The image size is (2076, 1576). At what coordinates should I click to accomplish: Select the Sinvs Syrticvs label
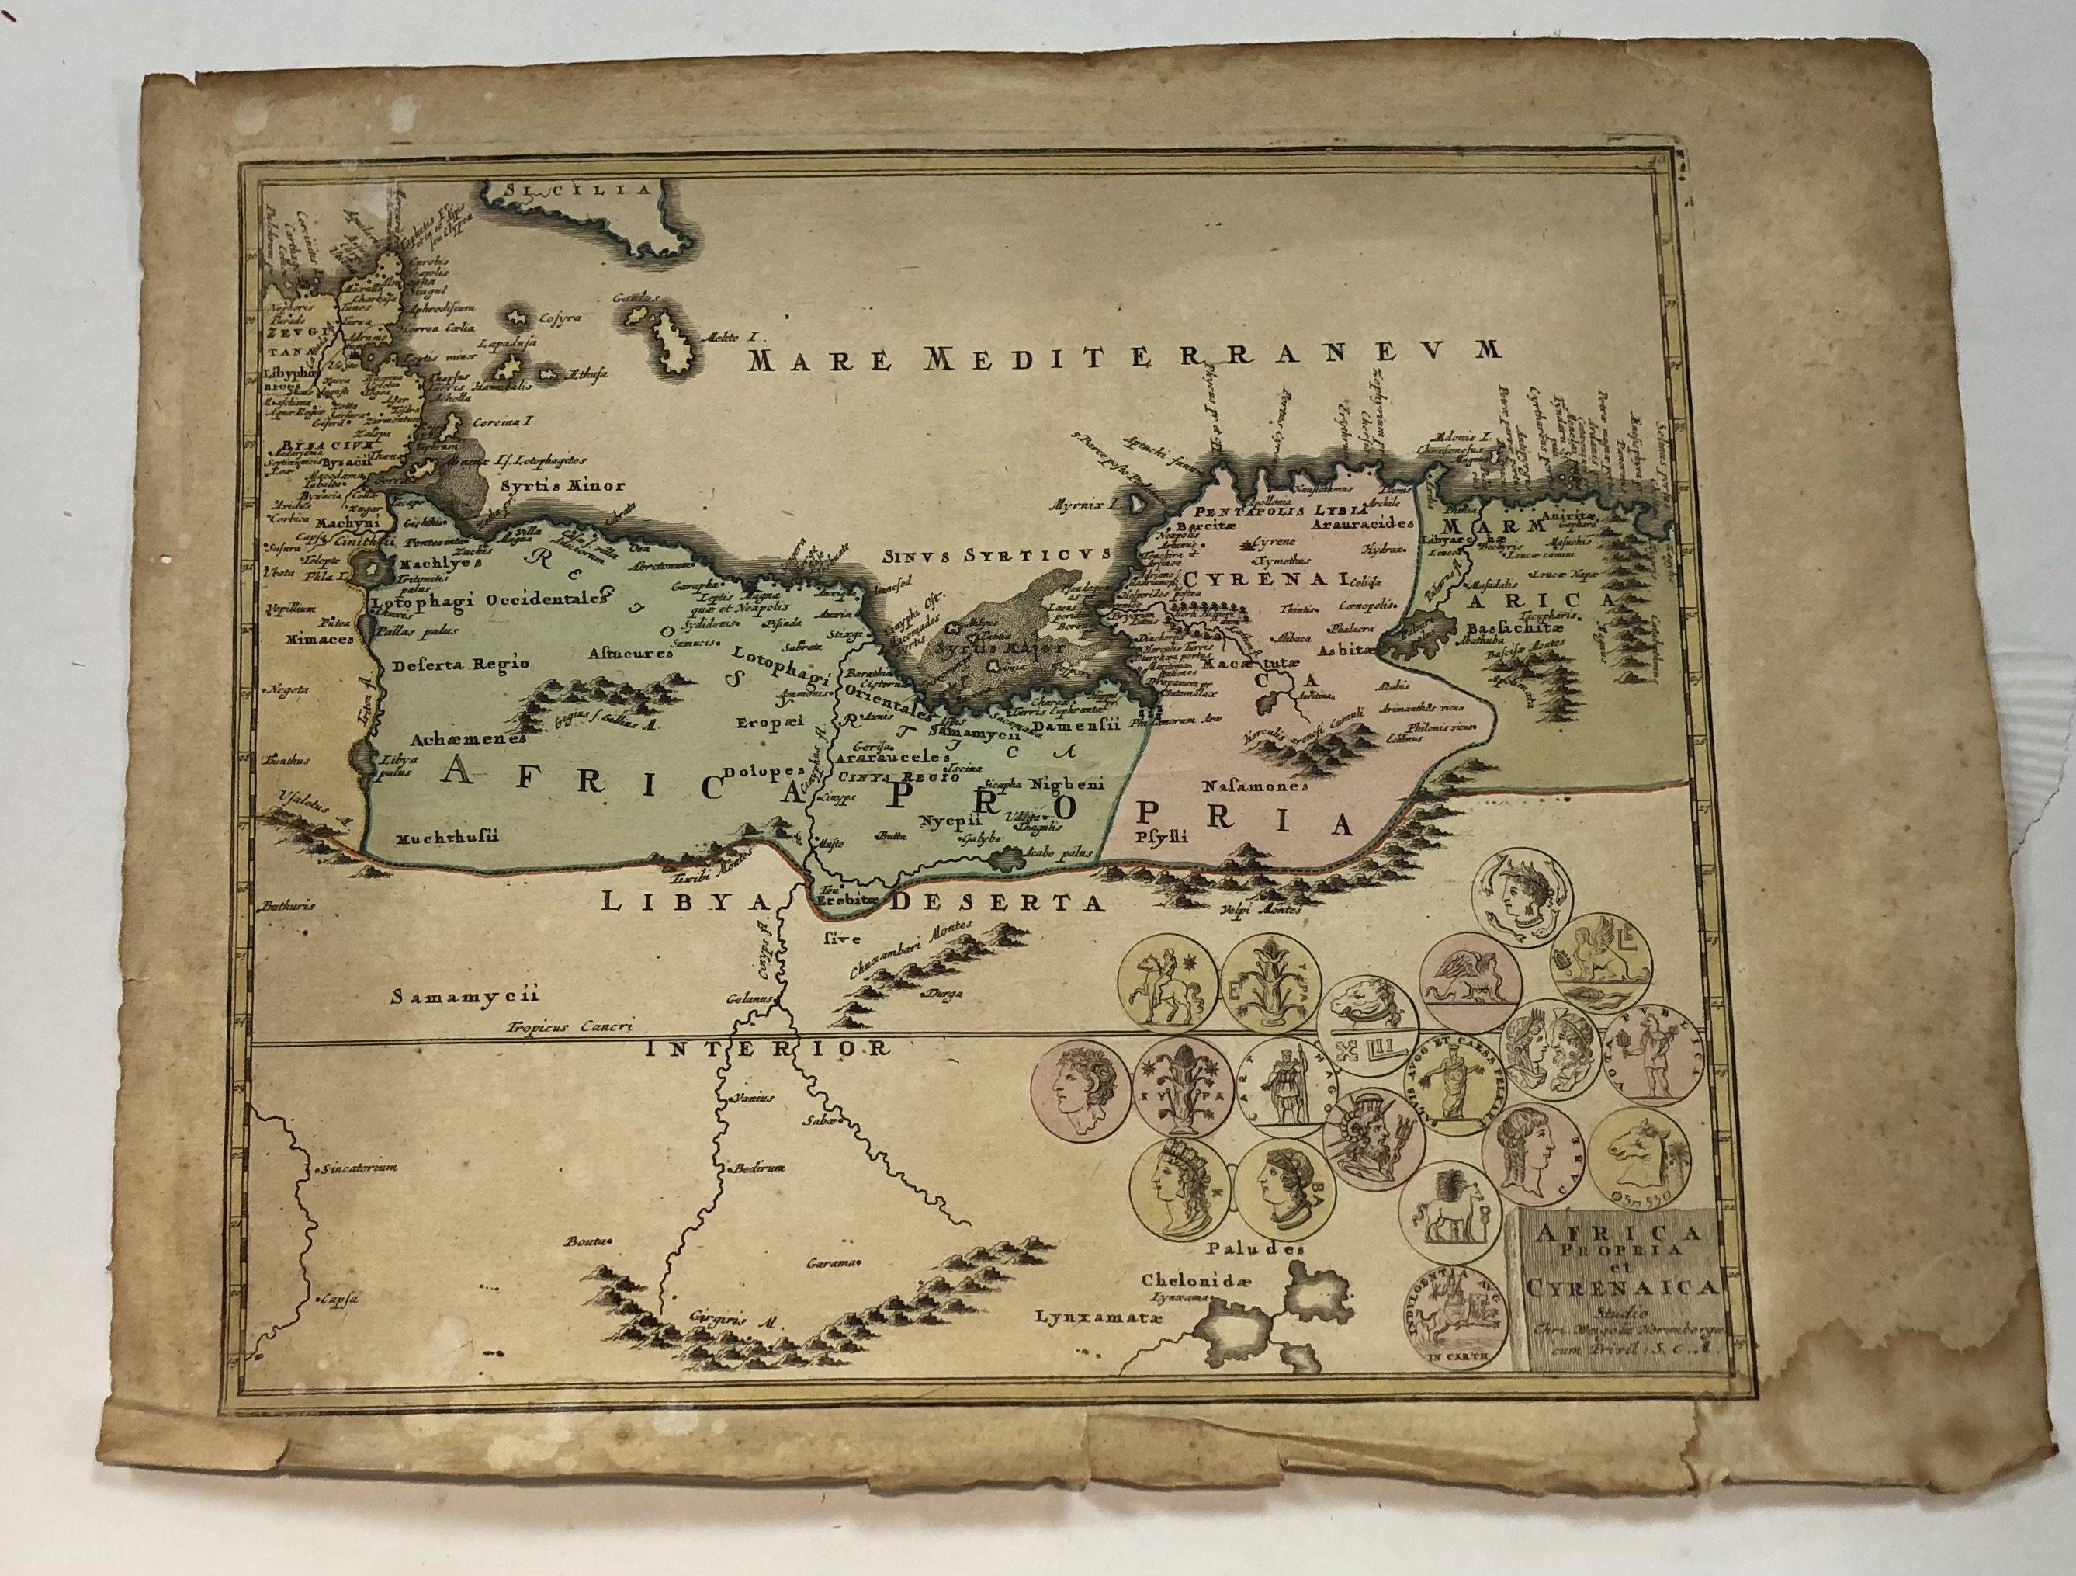pyautogui.click(x=995, y=555)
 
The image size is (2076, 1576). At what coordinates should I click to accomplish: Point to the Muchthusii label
pyautogui.click(x=447, y=838)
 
